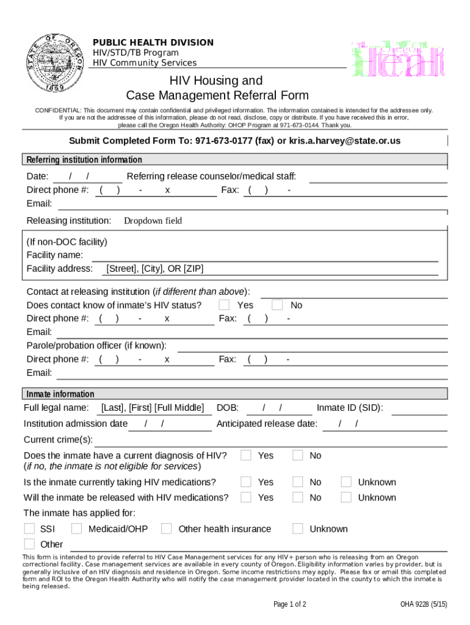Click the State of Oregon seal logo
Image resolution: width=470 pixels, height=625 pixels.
57,62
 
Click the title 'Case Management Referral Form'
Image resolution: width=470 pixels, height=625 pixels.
217,95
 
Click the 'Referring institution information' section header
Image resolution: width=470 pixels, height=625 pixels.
84,160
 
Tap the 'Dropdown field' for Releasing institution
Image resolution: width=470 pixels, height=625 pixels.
153,220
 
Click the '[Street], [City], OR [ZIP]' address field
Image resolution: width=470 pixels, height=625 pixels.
155,269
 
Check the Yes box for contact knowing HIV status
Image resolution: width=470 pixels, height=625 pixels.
225,305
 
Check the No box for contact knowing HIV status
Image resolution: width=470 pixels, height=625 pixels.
278,305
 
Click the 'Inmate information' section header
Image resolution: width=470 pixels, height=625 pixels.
60,394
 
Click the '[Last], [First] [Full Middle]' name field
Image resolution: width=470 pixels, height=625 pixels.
153,408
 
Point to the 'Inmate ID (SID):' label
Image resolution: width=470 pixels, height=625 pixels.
350,408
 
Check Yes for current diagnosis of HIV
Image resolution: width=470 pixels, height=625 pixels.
246,455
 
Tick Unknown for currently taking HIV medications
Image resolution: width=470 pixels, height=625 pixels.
346,482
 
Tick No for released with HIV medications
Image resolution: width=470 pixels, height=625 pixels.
298,497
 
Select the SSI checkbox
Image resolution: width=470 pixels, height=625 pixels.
29,529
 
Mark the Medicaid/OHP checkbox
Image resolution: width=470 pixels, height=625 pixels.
77,529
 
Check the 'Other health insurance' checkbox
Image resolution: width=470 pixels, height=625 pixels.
167,529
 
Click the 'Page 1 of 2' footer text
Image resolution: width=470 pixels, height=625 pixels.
290,604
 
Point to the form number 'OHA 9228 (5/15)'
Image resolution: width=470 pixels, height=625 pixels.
424,604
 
